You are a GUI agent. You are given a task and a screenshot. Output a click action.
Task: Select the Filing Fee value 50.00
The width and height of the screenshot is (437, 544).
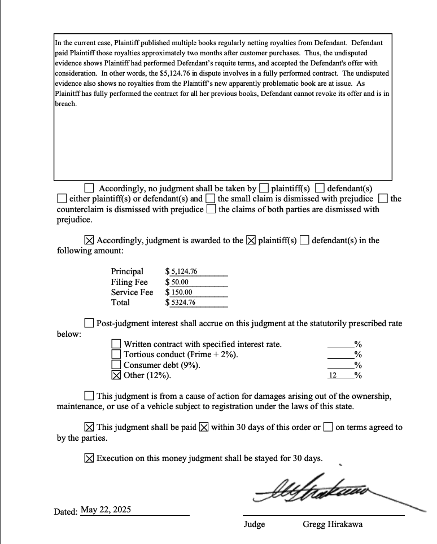pyautogui.click(x=180, y=282)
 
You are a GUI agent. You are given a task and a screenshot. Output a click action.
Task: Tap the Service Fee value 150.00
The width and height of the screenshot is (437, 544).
pyautogui.click(x=181, y=292)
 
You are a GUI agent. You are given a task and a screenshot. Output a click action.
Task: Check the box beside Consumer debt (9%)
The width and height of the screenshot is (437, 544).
pyautogui.click(x=116, y=365)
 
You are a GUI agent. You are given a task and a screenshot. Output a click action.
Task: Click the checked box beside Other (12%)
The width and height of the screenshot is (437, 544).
pyautogui.click(x=116, y=375)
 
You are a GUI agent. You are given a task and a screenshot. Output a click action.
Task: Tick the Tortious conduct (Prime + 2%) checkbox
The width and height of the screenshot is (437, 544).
pyautogui.click(x=116, y=354)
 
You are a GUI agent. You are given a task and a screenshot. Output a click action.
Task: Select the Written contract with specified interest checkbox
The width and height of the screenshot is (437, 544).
pyautogui.click(x=116, y=344)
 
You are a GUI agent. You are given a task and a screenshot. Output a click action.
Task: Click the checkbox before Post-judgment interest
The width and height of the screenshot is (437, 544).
pyautogui.click(x=89, y=323)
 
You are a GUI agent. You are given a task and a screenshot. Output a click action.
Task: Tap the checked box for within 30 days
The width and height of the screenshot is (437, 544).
pyautogui.click(x=204, y=427)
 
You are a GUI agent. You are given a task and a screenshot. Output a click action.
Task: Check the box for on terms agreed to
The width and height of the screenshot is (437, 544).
pyautogui.click(x=328, y=427)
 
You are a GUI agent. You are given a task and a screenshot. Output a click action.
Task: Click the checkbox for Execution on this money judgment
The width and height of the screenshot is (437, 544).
pyautogui.click(x=89, y=458)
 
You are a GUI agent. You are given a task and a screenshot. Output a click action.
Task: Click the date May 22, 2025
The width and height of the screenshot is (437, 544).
pyautogui.click(x=106, y=510)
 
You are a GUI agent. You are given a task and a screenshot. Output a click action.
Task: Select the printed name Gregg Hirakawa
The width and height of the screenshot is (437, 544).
pyautogui.click(x=333, y=524)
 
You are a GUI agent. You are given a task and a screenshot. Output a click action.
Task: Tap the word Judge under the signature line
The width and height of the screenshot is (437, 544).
pyautogui.click(x=254, y=524)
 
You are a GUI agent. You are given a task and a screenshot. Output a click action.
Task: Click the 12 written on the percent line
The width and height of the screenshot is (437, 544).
pyautogui.click(x=333, y=375)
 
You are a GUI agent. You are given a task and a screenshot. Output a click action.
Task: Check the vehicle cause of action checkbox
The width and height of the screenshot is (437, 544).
pyautogui.click(x=89, y=396)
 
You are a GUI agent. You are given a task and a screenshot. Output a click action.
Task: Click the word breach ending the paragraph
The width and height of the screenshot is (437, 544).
pyautogui.click(x=65, y=104)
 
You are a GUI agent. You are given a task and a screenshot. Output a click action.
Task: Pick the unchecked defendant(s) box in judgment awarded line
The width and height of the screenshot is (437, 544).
pyautogui.click(x=304, y=240)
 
